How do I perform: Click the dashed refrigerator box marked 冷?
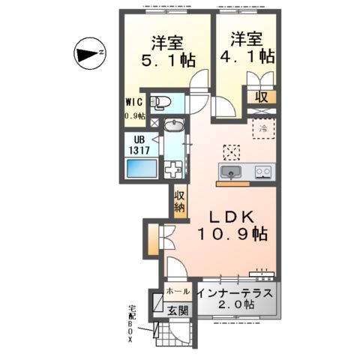tap(262, 128)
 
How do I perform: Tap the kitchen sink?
tap(232, 172)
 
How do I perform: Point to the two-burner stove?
tap(262, 172)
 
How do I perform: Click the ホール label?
tap(178, 289)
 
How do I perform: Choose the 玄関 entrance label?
tap(177, 309)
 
